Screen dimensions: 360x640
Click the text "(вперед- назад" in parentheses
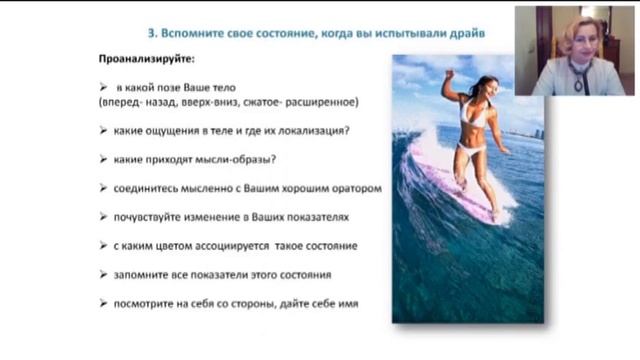point(134,103)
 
